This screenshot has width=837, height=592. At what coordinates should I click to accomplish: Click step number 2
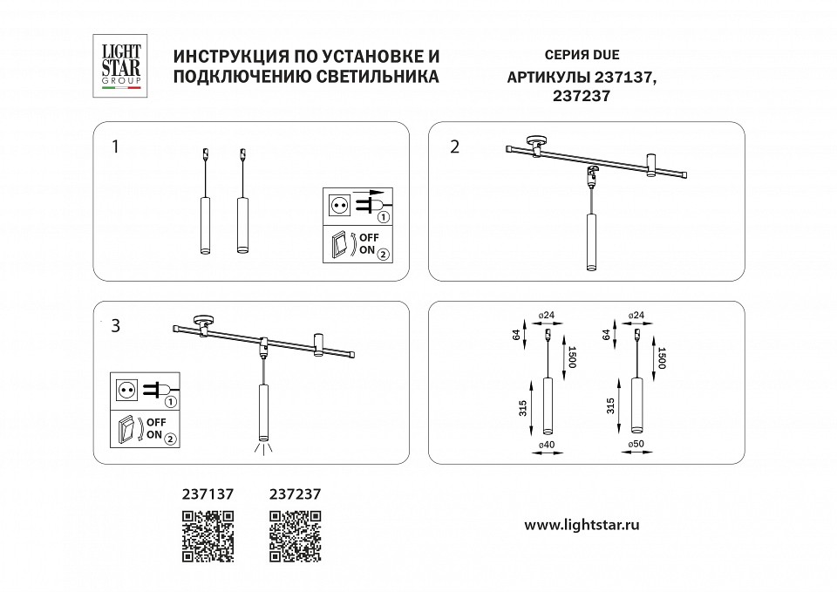453,146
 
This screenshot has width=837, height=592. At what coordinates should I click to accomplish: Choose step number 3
115,327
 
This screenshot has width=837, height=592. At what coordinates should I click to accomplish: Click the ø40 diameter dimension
548,445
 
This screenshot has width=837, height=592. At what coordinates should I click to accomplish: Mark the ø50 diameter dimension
636,445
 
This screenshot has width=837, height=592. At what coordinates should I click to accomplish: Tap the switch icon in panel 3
128,429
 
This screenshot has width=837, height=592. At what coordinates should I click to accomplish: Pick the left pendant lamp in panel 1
206,225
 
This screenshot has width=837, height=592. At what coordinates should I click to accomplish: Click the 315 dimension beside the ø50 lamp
611,405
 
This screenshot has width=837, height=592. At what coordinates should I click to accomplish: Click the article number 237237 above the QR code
295,493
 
